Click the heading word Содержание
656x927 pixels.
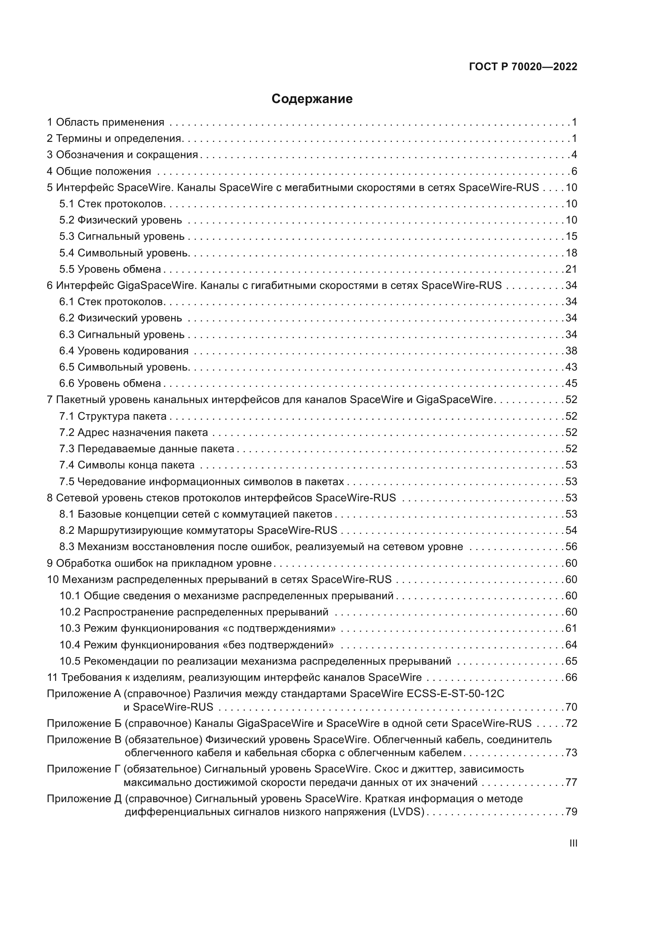pos(312,99)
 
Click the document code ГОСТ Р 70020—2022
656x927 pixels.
pos(523,67)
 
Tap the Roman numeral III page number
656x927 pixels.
pos(573,843)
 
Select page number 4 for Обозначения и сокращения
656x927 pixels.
pos(574,155)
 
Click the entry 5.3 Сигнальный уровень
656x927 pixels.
pos(122,236)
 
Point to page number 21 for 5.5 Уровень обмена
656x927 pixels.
pos(571,269)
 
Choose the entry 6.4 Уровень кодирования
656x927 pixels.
pos(124,350)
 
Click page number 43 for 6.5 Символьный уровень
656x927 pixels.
pos(571,367)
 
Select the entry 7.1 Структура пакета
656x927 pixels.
pos(113,416)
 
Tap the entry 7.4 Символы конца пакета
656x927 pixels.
pos(127,465)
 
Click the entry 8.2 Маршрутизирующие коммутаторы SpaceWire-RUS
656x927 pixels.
pos(198,530)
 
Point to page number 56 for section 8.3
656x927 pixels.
pos(571,547)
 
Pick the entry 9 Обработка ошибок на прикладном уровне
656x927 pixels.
pos(159,563)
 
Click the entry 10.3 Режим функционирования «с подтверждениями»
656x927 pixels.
pos(198,628)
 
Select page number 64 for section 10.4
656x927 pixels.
pos(571,645)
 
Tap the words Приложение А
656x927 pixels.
pos(84,694)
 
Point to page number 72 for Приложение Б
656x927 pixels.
pos(571,723)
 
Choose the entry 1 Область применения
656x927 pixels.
pos(106,122)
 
